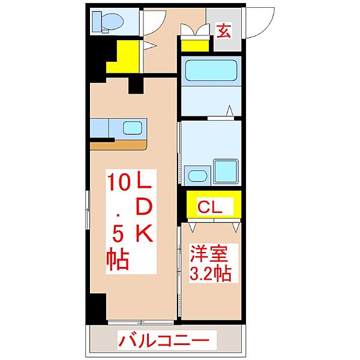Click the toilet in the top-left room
pyautogui.click(x=108, y=22)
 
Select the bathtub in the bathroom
pyautogui.click(x=211, y=70)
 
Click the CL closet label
pyautogui.click(x=210, y=207)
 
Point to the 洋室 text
pyautogui.click(x=208, y=254)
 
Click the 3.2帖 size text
pyautogui.click(x=210, y=273)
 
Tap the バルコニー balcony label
pyautogui.click(x=164, y=340)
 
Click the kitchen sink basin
pyautogui.click(x=132, y=128)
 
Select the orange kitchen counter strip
pyautogui.click(x=118, y=145)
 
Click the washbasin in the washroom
pyautogui.click(x=197, y=176)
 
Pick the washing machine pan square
pyautogui.click(x=226, y=172)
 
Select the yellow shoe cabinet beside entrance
pyautogui.click(x=195, y=46)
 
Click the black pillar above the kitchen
pyautogui.click(x=136, y=86)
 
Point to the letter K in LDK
pyautogui.click(x=145, y=233)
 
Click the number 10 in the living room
pyautogui.click(x=118, y=182)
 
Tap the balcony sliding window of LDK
pyautogui.click(x=141, y=322)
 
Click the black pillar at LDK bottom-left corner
pyautogui.click(x=97, y=309)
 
